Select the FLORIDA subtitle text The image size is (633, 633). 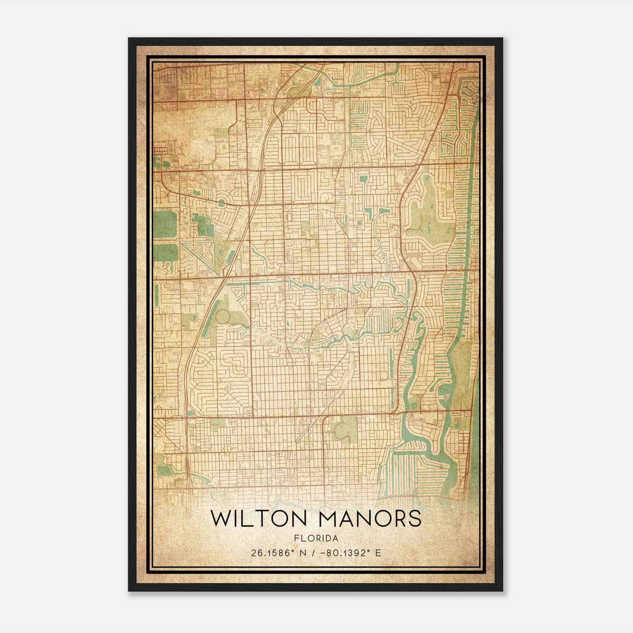(x=316, y=538)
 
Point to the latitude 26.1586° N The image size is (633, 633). (x=273, y=553)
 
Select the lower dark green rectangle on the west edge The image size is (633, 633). (x=166, y=253)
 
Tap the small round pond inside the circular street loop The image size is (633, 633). (x=221, y=202)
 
